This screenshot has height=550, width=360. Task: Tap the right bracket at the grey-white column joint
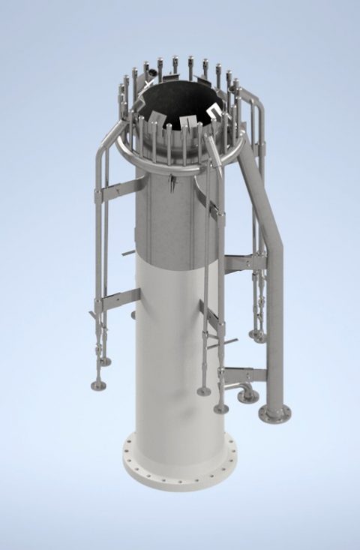pos(244,262)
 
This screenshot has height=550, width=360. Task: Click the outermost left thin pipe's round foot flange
pos(98,386)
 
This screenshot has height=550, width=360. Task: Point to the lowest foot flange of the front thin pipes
pos(220,408)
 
